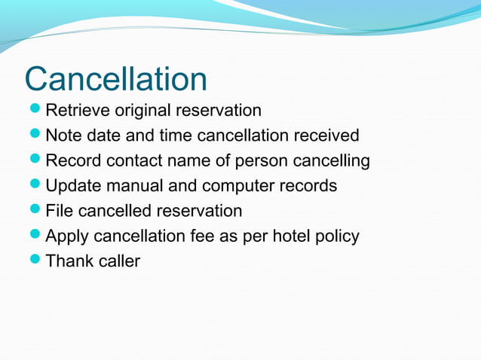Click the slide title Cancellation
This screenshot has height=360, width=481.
(115, 79)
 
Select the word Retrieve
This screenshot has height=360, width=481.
(78, 111)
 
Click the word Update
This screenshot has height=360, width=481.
(74, 186)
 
